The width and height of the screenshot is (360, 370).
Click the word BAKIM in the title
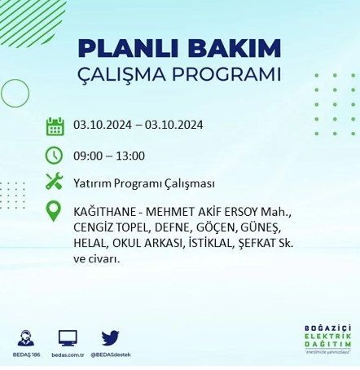click(233, 46)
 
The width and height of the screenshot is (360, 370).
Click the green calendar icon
click(55, 126)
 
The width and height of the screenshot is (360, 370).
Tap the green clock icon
click(55, 154)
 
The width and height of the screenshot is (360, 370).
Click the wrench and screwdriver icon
click(55, 181)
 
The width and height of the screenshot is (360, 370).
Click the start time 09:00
click(86, 155)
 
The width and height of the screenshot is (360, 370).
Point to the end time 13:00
click(130, 155)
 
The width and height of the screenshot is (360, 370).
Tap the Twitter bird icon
click(111, 337)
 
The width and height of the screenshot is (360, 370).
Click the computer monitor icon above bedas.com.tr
click(68, 337)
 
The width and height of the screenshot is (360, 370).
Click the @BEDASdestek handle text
click(111, 355)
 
